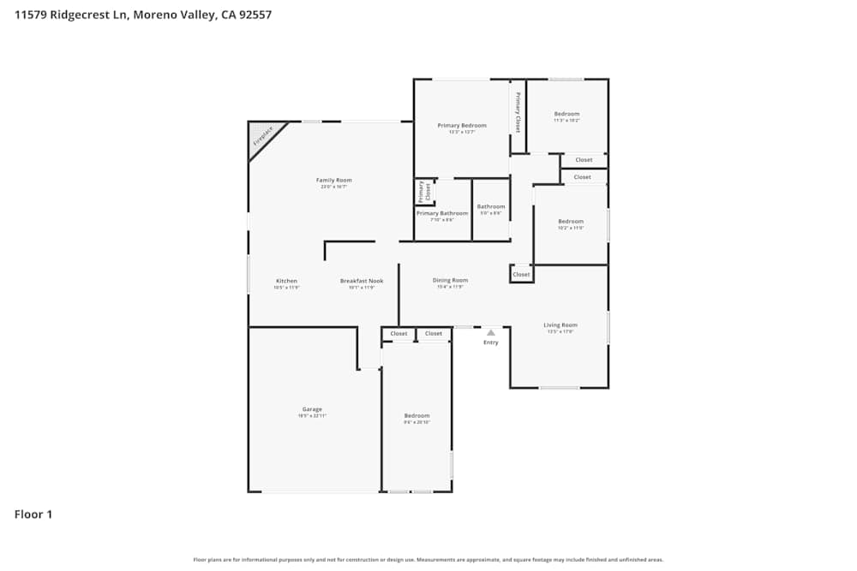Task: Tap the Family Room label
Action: (x=334, y=180)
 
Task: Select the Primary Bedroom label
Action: (x=462, y=125)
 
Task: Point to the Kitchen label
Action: (x=286, y=281)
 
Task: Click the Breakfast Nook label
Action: (x=362, y=281)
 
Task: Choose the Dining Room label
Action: (x=450, y=280)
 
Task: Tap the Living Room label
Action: (x=560, y=324)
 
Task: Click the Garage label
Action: (x=312, y=409)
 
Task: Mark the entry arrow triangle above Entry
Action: (x=490, y=332)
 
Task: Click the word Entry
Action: (x=490, y=342)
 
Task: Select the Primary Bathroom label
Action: (x=442, y=213)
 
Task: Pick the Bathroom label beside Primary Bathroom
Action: (x=491, y=206)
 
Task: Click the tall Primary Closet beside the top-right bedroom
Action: (x=518, y=113)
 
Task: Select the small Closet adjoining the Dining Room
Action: (x=521, y=274)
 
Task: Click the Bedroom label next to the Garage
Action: (x=417, y=415)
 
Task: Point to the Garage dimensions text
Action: (x=312, y=416)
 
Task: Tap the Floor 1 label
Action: (x=33, y=514)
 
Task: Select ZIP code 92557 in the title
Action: (x=255, y=15)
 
